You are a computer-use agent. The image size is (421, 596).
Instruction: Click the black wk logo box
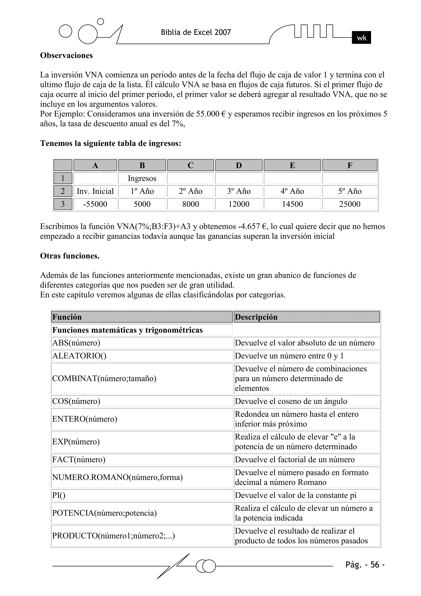point(361,38)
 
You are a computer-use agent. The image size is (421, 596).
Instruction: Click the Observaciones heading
point(66,55)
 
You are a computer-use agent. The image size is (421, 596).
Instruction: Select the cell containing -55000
point(95,204)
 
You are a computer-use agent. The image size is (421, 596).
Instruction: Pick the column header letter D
point(239,165)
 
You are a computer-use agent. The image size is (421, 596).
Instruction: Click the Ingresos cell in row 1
point(142,178)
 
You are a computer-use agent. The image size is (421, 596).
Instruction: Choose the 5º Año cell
point(350,191)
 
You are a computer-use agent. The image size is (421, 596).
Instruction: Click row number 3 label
point(62,204)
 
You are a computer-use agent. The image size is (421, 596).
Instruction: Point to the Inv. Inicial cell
point(95,191)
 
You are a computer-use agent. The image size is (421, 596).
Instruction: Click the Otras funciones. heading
point(70,256)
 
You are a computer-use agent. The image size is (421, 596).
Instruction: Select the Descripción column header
point(256,317)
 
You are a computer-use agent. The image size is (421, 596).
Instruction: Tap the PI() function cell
point(59,495)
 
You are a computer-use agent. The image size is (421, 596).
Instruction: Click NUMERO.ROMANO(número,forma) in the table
point(117,477)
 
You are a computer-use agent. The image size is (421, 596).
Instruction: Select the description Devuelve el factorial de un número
point(295,460)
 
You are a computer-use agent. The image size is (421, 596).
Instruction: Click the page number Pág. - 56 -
point(365,565)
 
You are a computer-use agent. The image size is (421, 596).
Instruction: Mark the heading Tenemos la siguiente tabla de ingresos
point(110,143)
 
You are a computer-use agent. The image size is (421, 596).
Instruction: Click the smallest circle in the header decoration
point(100,22)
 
